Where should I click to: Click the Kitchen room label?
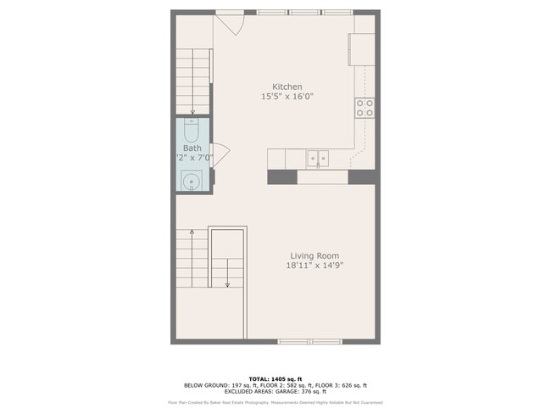point(287,87)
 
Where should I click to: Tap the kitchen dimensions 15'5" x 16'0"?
point(287,97)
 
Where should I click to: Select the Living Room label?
point(314,255)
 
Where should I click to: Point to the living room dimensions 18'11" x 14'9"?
point(314,266)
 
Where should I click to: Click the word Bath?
point(192,148)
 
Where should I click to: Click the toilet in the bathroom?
point(192,131)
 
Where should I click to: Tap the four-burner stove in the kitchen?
point(365,108)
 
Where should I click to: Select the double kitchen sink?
point(318,158)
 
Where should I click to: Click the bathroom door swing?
point(220,156)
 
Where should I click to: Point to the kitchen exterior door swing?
point(236,24)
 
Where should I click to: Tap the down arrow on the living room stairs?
point(226,284)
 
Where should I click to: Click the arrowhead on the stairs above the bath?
point(192,111)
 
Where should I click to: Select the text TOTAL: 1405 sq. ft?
point(275,378)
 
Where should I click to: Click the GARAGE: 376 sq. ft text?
point(308,391)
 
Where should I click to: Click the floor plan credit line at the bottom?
point(275,402)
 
